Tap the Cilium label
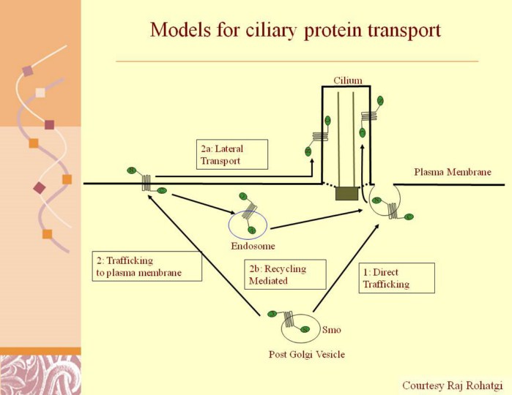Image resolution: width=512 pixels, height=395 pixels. click(x=347, y=80)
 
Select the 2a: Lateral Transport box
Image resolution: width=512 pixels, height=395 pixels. click(x=233, y=154)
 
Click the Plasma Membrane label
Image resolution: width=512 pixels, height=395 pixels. click(x=452, y=173)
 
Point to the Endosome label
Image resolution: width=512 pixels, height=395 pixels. click(x=253, y=247)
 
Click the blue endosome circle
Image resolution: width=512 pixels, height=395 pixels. click(x=248, y=224)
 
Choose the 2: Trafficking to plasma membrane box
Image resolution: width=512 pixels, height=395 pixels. click(x=147, y=266)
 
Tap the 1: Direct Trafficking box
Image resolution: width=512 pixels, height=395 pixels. click(x=396, y=278)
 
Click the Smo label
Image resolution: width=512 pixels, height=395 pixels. click(x=332, y=330)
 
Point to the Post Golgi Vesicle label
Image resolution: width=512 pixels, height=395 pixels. click(x=306, y=355)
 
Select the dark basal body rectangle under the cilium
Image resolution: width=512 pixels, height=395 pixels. click(x=347, y=194)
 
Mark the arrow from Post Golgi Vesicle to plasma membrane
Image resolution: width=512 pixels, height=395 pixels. click(x=205, y=257)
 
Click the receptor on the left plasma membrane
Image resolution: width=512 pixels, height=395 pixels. click(x=146, y=182)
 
